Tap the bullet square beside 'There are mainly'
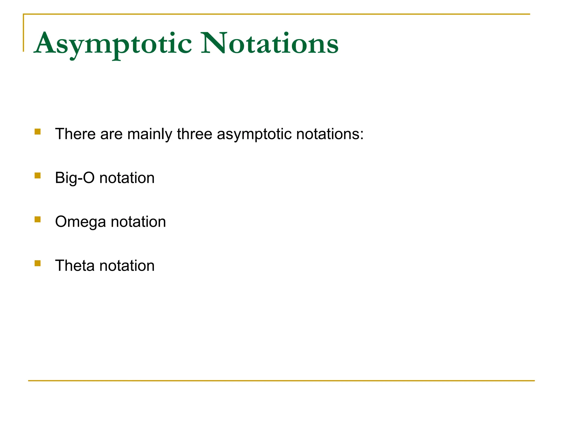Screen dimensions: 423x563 coord(38,132)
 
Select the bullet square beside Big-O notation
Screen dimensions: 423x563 coord(38,175)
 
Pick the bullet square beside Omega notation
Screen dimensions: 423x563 coord(38,219)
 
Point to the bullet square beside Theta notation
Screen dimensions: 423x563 coord(38,264)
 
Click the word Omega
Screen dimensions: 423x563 coord(81,222)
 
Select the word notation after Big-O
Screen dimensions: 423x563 coord(127,178)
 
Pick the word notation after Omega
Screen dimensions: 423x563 coord(138,222)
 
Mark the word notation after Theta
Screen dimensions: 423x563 coord(127,266)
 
